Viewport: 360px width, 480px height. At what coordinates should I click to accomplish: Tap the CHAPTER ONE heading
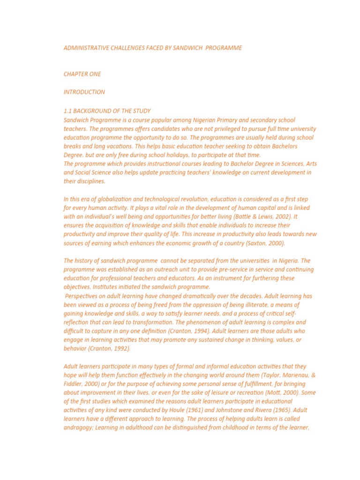(82, 74)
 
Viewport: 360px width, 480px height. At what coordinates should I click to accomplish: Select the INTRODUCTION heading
(84, 92)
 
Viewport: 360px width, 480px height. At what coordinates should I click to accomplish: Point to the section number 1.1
(68, 111)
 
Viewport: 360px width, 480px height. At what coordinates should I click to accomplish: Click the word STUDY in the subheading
(142, 111)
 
